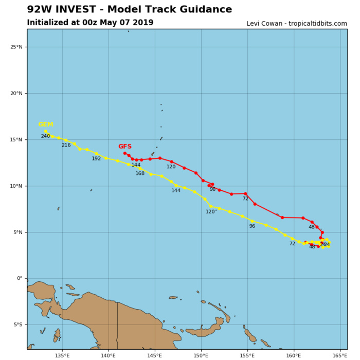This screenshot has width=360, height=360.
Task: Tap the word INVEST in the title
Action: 83,10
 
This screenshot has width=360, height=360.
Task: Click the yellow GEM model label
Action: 46,124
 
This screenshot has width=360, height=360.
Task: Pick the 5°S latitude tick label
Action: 17,325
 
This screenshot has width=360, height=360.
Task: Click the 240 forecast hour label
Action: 46,136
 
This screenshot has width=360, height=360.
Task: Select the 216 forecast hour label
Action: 66,146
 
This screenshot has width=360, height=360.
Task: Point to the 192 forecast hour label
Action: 97,159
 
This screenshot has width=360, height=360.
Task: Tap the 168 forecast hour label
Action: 140,174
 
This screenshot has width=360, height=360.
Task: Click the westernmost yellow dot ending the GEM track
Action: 46,131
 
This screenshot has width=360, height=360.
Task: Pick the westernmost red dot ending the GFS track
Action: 124,153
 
